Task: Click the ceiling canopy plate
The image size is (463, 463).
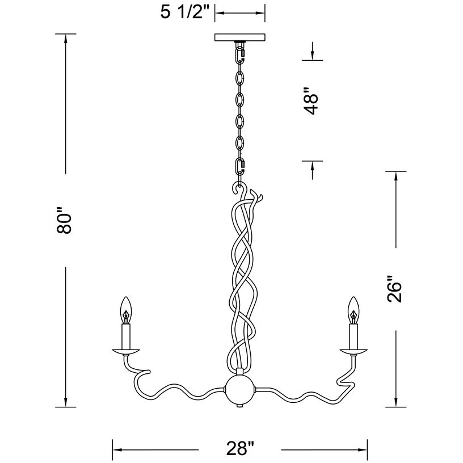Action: (x=239, y=37)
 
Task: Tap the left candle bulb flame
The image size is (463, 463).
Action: (x=126, y=310)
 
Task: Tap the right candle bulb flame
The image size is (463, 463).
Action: (x=354, y=310)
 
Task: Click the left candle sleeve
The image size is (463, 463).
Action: (x=126, y=336)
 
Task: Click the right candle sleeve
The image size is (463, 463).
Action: (x=354, y=336)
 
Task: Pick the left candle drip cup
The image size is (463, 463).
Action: (x=126, y=351)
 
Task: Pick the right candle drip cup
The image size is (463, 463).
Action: (x=354, y=351)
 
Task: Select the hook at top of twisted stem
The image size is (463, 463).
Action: (x=237, y=188)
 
